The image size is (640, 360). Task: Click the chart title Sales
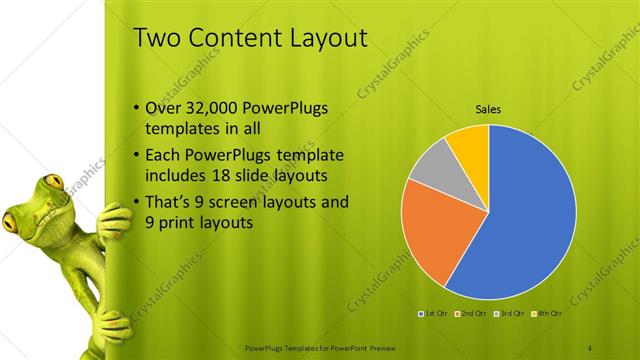click(x=488, y=109)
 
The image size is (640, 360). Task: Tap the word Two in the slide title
click(x=157, y=38)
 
